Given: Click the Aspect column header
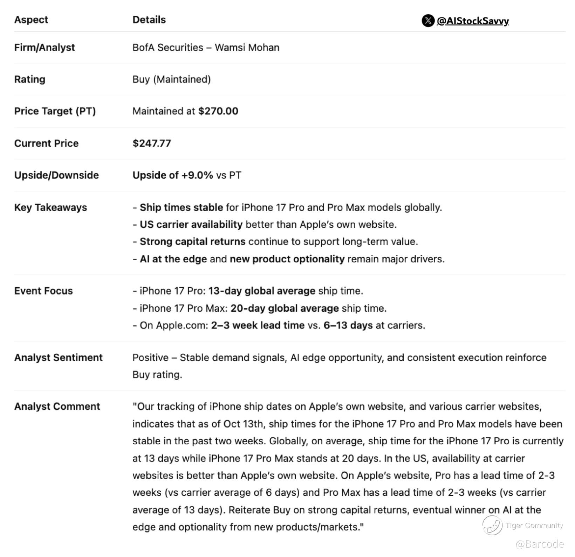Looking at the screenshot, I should coord(31,20).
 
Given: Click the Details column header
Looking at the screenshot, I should coord(149,20).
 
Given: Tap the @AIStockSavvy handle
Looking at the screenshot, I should coord(473,21).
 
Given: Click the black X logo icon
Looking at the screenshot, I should coord(428,21).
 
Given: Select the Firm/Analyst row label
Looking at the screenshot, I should coord(45,48).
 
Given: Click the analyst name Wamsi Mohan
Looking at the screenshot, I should coord(247,48).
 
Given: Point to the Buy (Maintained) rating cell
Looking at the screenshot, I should coord(171,79).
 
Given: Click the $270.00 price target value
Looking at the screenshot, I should coord(218,111).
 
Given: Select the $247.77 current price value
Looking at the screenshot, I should coord(152,143).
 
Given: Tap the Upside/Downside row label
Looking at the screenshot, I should coord(56,175).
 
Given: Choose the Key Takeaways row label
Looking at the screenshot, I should coord(50,207).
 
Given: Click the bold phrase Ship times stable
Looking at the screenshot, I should coord(181,207).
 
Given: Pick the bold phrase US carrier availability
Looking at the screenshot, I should coord(191,225).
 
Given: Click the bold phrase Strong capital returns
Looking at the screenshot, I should coord(192,242).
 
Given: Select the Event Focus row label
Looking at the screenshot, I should coord(43,291).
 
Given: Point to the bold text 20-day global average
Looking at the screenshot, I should coord(285,308).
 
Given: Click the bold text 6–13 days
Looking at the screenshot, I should coord(348,325).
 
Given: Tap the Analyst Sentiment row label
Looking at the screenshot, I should coord(58,358).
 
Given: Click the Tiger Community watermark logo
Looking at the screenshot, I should coord(492,525).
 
